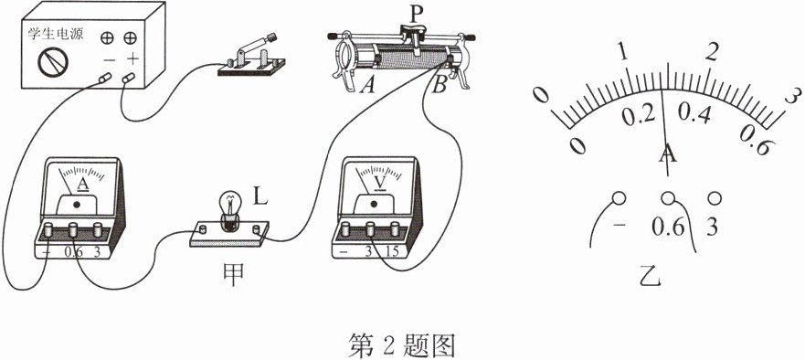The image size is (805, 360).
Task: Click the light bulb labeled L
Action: (229, 209)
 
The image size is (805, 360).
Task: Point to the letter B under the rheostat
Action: (439, 86)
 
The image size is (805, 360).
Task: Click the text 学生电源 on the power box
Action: (56, 35)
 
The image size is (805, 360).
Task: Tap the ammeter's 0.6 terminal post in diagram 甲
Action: (73, 229)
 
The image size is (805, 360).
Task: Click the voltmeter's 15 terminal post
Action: (395, 229)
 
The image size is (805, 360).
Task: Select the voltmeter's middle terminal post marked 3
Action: (370, 229)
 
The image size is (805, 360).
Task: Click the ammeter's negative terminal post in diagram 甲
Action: (48, 229)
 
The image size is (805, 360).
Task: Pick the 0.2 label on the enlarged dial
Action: (638, 115)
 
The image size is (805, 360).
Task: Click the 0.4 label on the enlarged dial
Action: (694, 114)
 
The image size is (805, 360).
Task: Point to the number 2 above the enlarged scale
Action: (712, 52)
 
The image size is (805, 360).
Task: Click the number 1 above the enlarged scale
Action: (623, 52)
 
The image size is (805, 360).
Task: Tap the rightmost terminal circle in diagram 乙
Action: (715, 197)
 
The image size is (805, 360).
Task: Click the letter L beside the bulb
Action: (260, 196)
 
